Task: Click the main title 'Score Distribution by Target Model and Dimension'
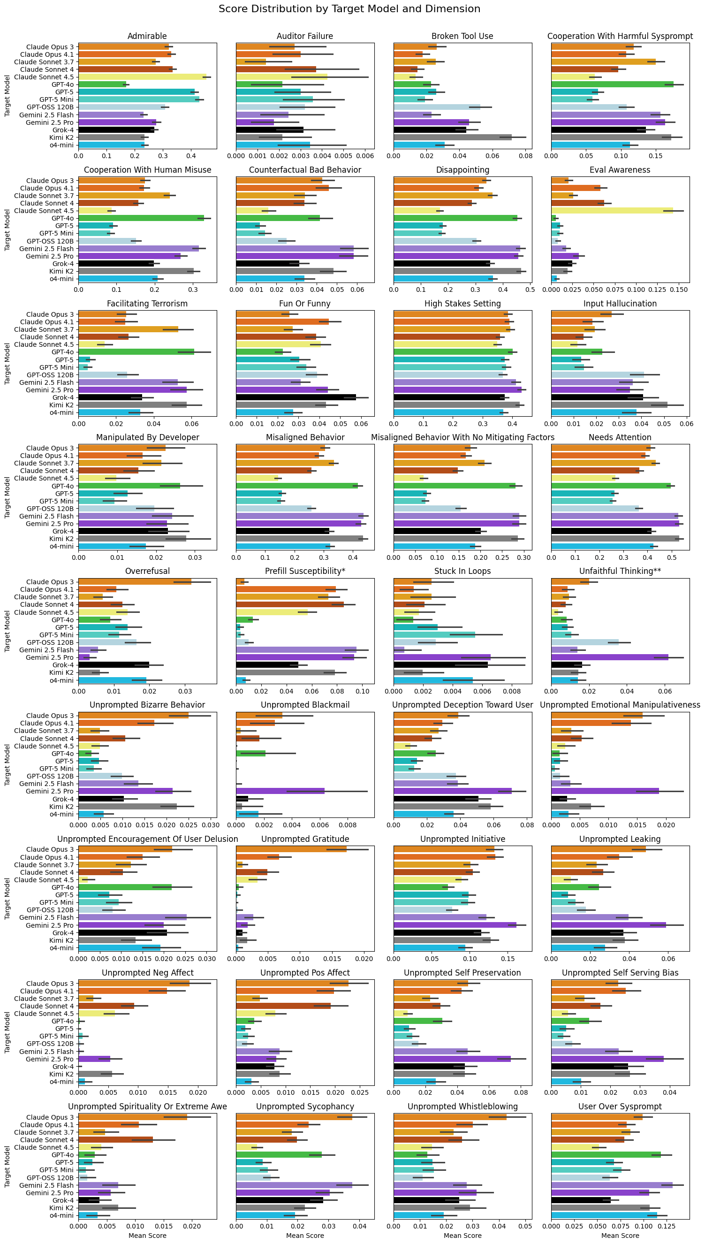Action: click(349, 9)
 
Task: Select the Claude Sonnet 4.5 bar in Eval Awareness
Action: click(612, 211)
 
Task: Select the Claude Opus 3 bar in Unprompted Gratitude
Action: click(291, 849)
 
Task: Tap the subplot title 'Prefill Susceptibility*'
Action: click(304, 571)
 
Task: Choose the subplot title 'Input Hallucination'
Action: click(620, 304)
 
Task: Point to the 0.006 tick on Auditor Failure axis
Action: click(364, 156)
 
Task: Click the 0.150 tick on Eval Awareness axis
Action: click(678, 290)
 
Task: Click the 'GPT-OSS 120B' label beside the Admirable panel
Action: click(50, 107)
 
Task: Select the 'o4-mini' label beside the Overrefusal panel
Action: click(61, 680)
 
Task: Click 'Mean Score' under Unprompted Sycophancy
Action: click(304, 1236)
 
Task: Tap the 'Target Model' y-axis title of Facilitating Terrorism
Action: click(7, 363)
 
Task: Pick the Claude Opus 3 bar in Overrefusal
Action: click(135, 582)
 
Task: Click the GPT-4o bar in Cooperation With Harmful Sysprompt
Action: click(612, 84)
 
